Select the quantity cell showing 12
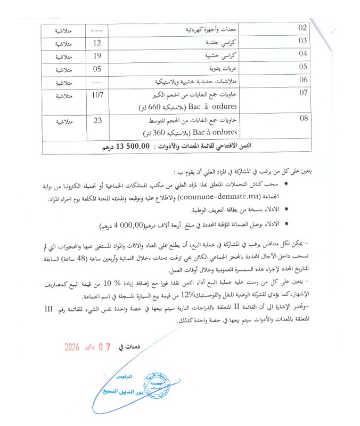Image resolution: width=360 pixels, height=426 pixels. point(97,42)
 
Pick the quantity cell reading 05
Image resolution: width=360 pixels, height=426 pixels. point(97,68)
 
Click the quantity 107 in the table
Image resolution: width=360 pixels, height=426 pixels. point(97,95)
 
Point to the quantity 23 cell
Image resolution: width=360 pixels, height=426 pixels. point(97,121)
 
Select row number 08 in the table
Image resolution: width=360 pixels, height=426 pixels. point(304,118)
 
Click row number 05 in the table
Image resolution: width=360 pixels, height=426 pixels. point(304,67)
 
